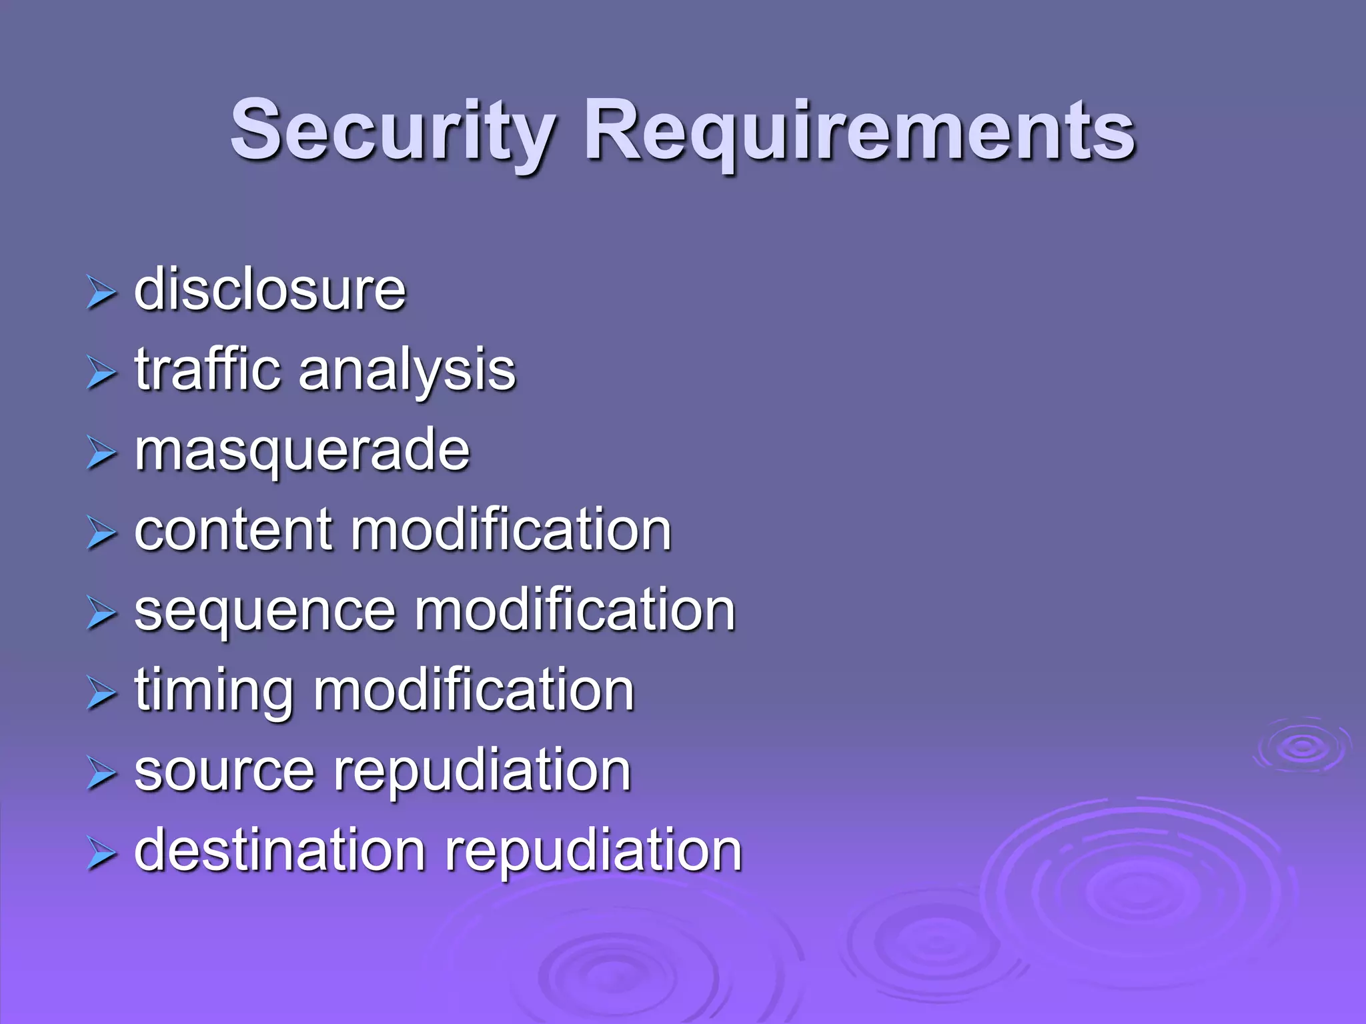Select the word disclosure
point(270,290)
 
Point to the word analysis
point(407,371)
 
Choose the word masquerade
point(302,451)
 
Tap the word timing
point(214,691)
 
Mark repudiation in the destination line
point(594,851)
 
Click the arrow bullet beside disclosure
point(101,293)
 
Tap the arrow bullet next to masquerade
point(101,453)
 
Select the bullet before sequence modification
point(101,613)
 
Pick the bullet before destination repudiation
point(101,853)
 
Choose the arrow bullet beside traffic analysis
point(101,373)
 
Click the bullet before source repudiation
point(101,773)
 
